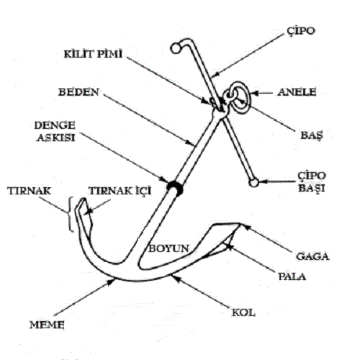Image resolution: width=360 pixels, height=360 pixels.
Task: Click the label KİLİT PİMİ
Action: [93, 53]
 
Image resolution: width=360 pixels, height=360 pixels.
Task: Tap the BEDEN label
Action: [78, 92]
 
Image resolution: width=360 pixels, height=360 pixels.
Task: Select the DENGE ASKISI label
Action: [55, 131]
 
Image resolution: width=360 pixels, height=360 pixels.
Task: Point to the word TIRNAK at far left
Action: [30, 191]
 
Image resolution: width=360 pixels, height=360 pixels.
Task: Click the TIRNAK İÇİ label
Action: [120, 191]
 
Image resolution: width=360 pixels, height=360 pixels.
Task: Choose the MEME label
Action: [47, 325]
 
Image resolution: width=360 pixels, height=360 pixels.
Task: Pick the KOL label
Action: [243, 312]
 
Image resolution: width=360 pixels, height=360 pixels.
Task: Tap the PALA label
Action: [292, 276]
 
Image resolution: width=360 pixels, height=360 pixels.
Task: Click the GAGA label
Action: [312, 256]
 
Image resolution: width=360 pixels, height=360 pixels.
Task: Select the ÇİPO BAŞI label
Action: [312, 182]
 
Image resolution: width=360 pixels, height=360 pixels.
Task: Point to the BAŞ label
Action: [312, 135]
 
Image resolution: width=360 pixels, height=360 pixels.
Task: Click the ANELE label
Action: [297, 92]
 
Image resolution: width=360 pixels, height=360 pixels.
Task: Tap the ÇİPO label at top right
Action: [300, 31]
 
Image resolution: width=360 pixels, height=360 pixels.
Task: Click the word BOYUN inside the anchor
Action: [168, 248]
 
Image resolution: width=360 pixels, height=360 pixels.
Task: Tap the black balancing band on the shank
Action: [176, 187]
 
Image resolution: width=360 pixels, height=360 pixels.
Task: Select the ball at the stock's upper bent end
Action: [175, 48]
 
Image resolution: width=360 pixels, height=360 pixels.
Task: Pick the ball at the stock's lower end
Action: [253, 183]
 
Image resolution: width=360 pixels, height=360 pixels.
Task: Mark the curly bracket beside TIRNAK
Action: [70, 214]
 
